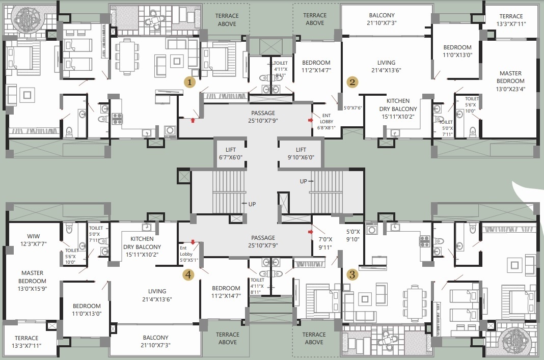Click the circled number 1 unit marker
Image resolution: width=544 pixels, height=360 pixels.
tap(189, 81)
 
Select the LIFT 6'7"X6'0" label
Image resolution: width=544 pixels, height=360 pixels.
tap(230, 153)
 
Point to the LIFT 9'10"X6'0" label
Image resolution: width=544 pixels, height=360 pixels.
tap(301, 153)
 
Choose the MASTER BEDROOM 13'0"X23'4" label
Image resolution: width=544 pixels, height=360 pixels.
tap(510, 80)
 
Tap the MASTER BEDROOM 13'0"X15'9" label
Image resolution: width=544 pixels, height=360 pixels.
tap(33, 281)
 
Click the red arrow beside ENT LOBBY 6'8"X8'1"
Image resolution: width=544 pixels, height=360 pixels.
tap(311, 120)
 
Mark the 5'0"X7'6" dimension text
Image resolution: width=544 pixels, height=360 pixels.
tap(352, 108)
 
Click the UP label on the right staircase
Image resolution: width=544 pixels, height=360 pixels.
tap(304, 181)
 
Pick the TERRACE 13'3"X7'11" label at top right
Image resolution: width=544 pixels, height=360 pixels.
tap(511, 20)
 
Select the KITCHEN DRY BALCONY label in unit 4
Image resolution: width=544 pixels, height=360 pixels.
tap(142, 246)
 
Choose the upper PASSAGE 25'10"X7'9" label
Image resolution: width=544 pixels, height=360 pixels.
tap(263, 117)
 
